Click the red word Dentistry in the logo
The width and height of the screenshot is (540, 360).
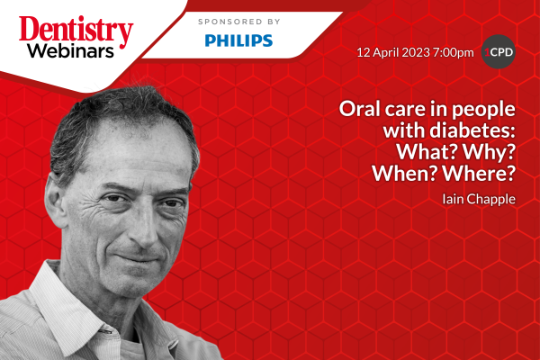pyautogui.click(x=76, y=31)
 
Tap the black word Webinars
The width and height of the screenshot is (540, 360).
pyautogui.click(x=70, y=50)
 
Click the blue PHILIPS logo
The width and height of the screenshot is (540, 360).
pyautogui.click(x=238, y=40)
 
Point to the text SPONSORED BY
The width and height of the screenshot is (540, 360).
pyautogui.click(x=239, y=22)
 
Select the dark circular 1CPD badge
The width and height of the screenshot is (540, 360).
pyautogui.click(x=498, y=52)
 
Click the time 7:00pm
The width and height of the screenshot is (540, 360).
pyautogui.click(x=454, y=52)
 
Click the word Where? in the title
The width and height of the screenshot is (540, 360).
pyautogui.click(x=479, y=174)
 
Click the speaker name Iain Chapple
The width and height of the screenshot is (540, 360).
pyautogui.click(x=479, y=200)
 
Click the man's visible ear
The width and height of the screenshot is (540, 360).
pyautogui.click(x=55, y=200)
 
